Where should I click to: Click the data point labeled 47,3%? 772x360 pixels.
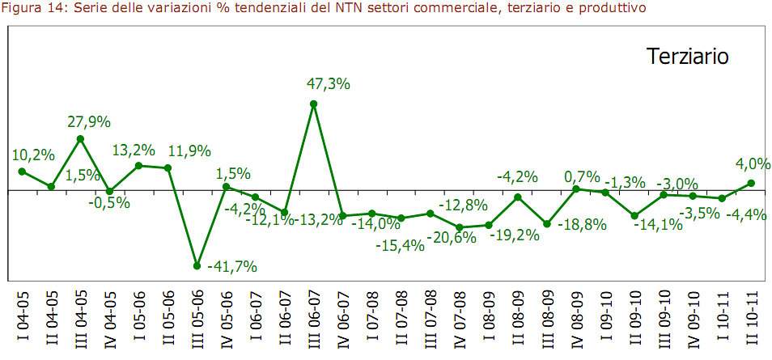click(313, 104)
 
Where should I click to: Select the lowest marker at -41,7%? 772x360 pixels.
click(197, 265)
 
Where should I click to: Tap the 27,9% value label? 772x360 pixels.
click(88, 122)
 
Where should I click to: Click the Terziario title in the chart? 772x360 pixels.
click(688, 57)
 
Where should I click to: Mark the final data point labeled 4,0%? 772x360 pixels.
click(751, 183)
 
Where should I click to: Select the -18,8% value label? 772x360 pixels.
click(582, 224)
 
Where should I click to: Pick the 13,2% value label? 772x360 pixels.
click(133, 150)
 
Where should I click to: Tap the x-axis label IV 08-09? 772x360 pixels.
click(575, 320)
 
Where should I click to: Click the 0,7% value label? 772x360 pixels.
click(583, 176)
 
